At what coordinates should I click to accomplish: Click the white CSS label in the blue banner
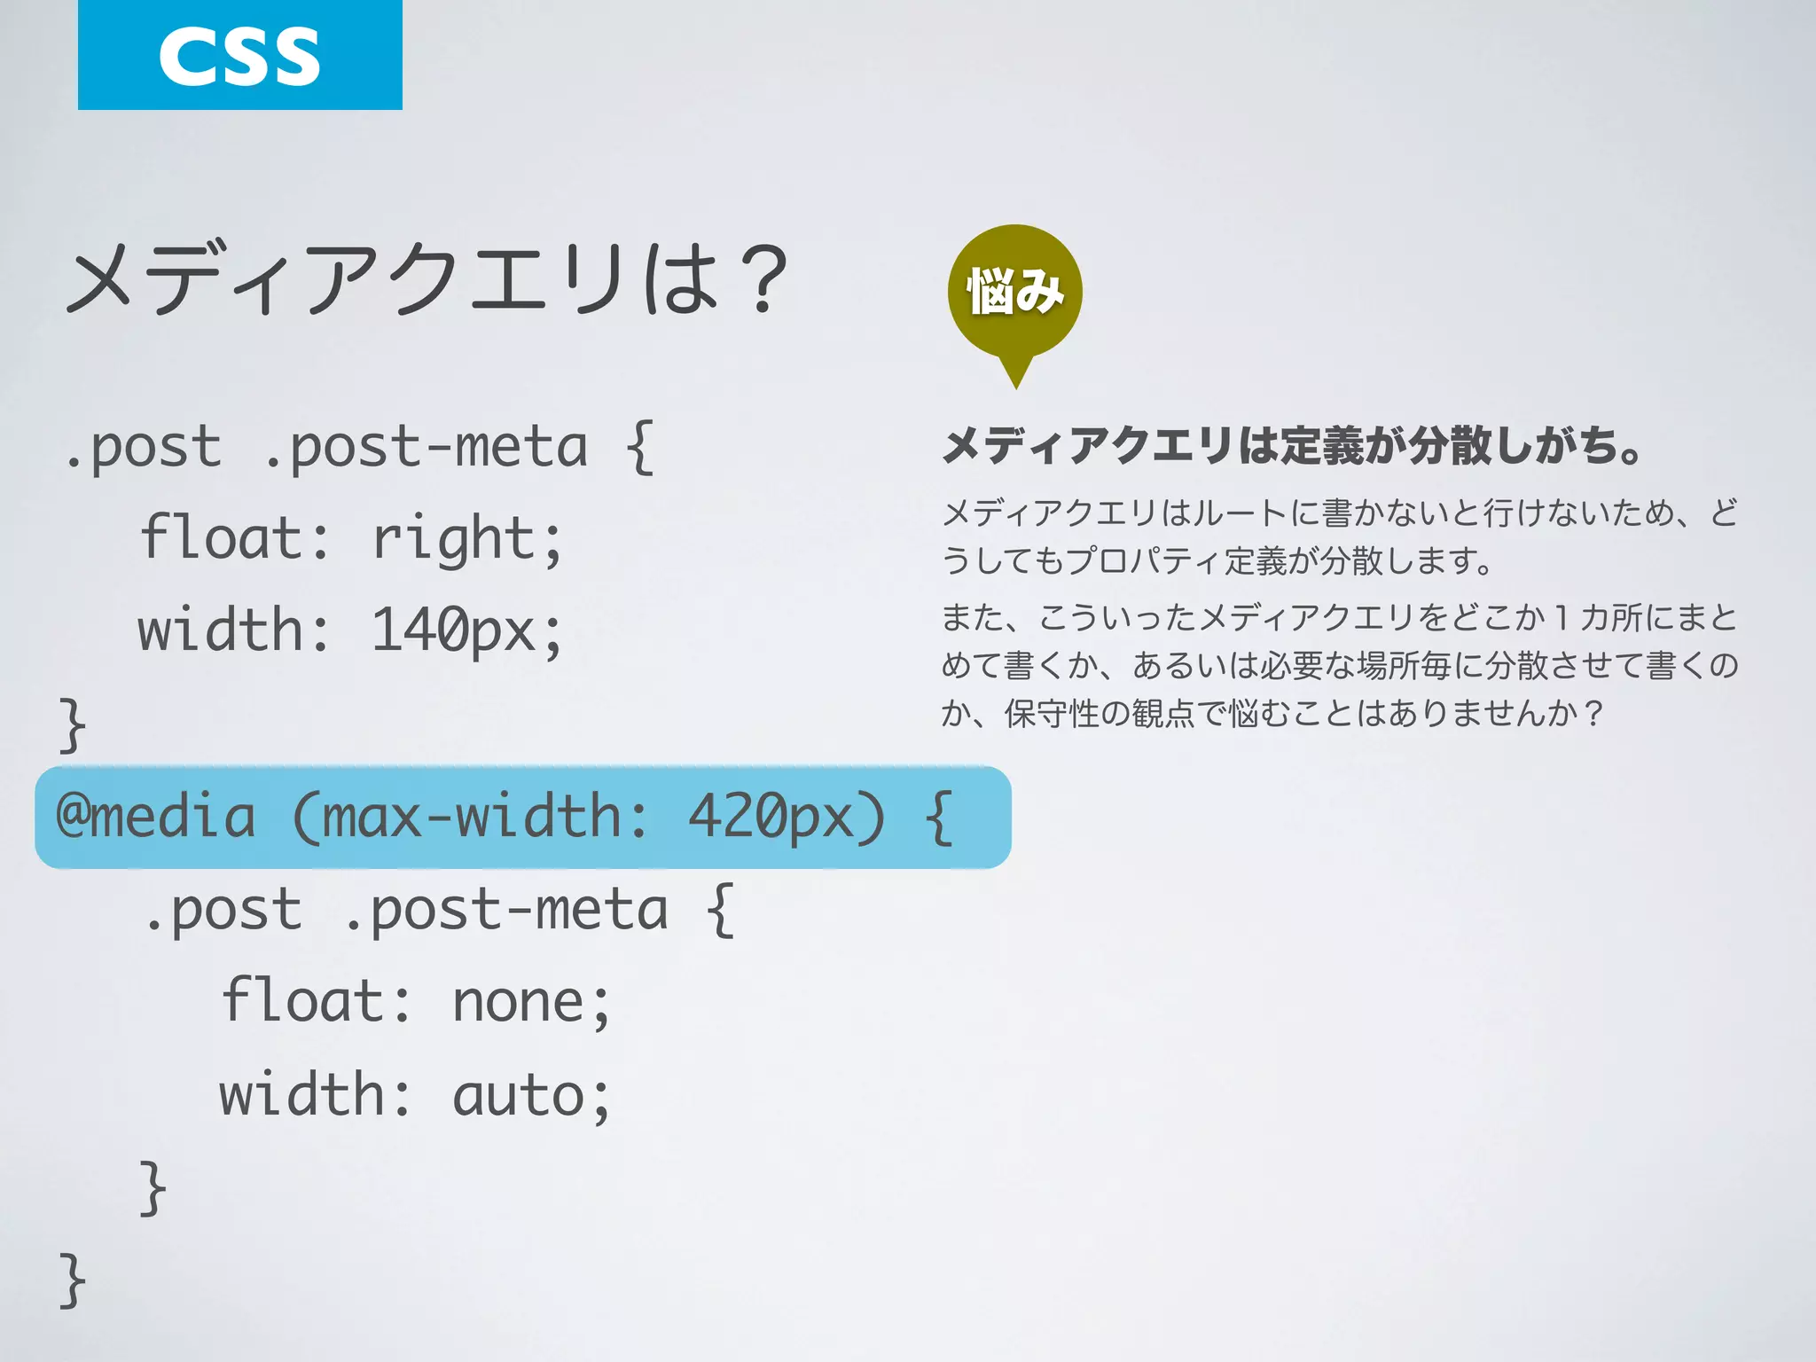[x=239, y=57]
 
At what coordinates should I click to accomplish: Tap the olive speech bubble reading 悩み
[x=1015, y=291]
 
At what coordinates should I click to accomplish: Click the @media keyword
[x=156, y=817]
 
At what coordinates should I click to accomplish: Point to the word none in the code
[x=519, y=1002]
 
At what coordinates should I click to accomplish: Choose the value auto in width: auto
[x=519, y=1096]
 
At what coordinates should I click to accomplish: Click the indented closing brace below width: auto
[x=153, y=1187]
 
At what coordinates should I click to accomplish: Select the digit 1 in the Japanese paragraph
[x=1562, y=617]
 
